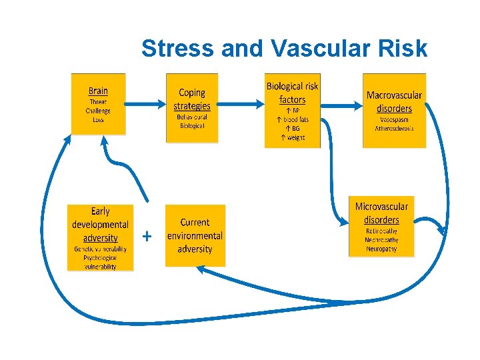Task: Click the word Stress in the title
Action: [175, 49]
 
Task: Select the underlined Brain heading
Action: [98, 91]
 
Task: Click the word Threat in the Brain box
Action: [98, 103]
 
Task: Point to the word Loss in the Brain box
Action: [98, 119]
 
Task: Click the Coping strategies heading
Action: [192, 99]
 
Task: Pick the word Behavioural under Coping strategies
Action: [192, 117]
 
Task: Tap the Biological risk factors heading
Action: [292, 93]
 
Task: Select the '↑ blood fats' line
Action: [292, 119]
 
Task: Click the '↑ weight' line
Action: [292, 137]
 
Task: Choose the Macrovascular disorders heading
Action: [394, 101]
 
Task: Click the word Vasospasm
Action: [394, 119]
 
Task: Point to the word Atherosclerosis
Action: [394, 128]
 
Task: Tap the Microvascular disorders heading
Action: [381, 213]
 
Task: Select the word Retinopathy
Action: [381, 231]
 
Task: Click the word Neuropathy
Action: [381, 249]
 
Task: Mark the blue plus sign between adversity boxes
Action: [147, 236]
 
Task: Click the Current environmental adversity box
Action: [195, 235]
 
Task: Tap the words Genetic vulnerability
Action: [100, 249]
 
